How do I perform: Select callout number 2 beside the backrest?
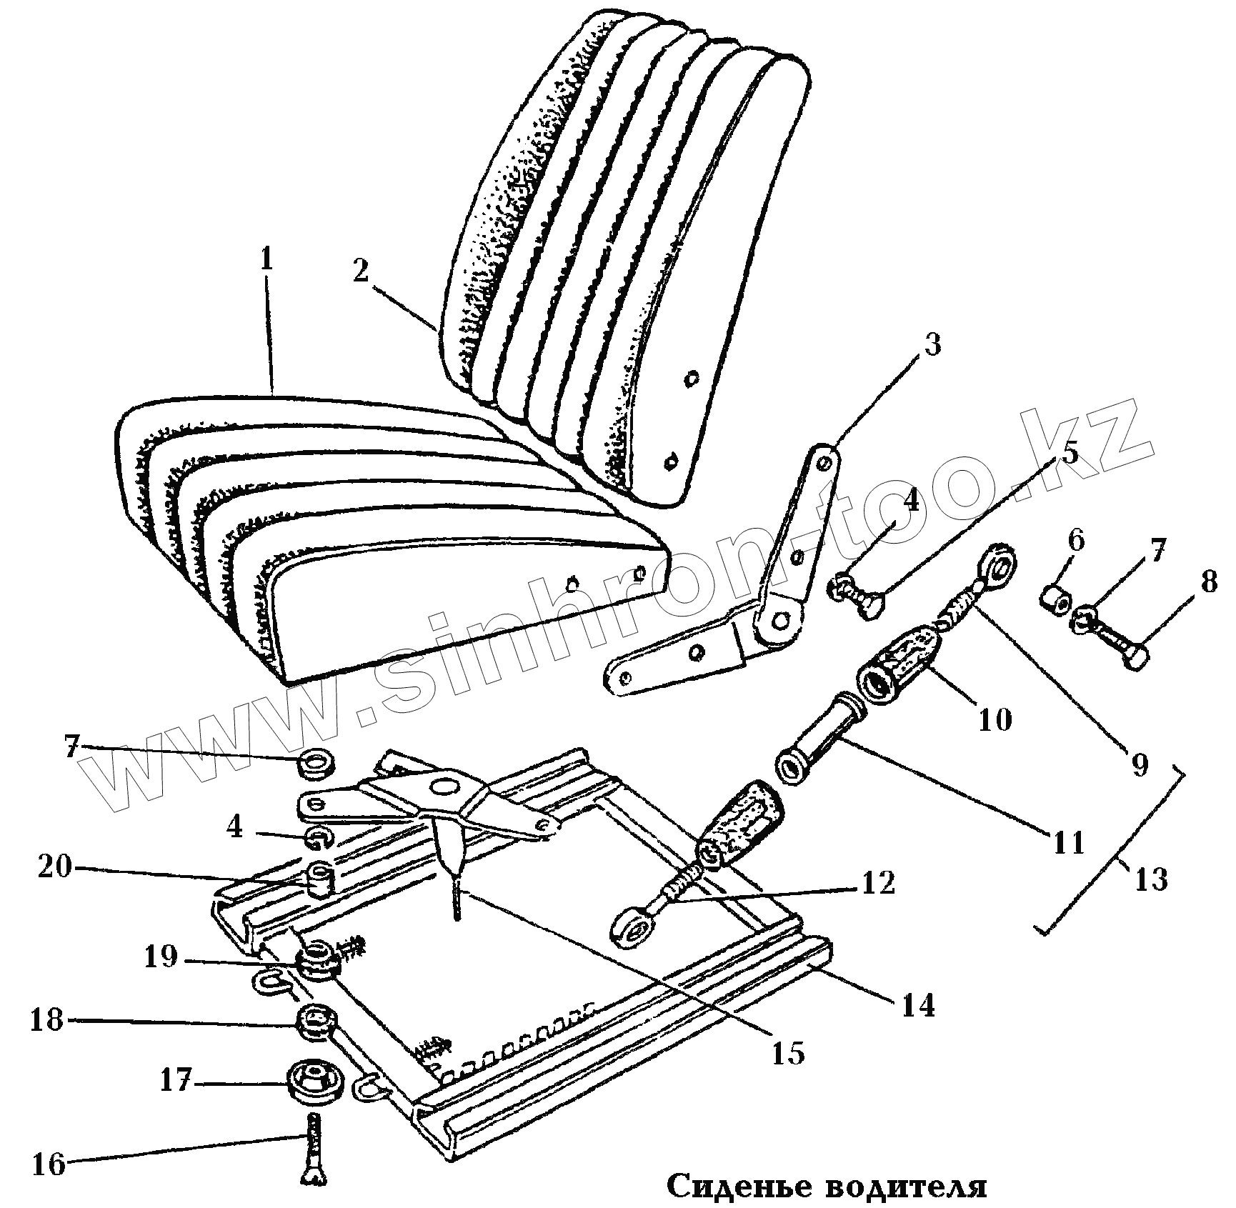tap(361, 272)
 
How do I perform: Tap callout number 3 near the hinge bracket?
tap(932, 346)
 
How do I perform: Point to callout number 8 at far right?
tap(1208, 582)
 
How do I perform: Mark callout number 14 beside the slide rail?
tap(918, 1005)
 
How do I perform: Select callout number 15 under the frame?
tap(789, 1053)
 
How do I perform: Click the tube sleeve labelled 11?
tap(820, 758)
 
